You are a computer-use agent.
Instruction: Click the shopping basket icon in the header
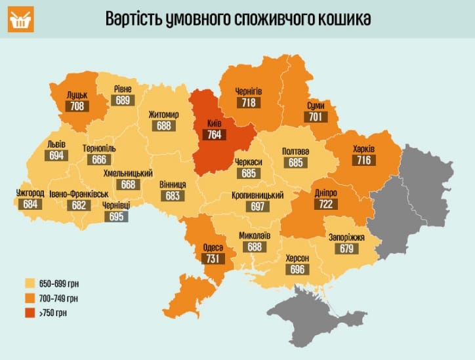[x=21, y=20]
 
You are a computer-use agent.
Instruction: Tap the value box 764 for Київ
[x=215, y=135]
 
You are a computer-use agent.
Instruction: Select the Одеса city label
[x=213, y=247]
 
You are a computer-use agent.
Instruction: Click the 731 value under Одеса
[x=213, y=259]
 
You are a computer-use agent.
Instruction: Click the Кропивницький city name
[x=257, y=195]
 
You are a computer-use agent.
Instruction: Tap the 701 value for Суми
[x=315, y=117]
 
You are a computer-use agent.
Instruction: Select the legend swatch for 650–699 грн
[x=30, y=284]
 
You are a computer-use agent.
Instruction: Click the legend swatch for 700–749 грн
[x=30, y=298]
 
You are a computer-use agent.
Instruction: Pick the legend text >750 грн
[x=54, y=313]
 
